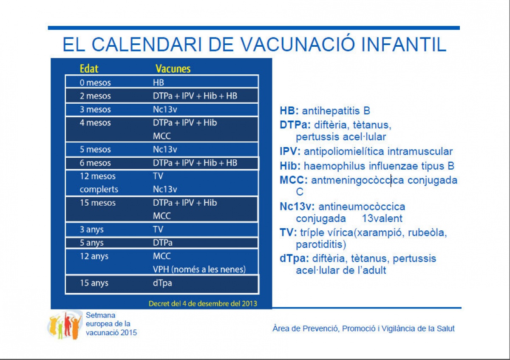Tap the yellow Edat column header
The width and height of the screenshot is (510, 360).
89,68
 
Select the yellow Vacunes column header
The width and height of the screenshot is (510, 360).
173,68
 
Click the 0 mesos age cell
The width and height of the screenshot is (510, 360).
95,82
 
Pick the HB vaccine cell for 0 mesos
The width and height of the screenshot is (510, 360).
159,82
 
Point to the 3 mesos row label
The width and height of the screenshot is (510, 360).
95,109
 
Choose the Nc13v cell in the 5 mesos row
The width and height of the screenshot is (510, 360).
165,149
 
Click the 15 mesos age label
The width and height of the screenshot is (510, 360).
98,203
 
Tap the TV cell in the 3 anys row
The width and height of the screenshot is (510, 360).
158,229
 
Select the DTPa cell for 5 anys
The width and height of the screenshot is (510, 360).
162,243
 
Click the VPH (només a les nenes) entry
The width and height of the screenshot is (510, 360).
199,269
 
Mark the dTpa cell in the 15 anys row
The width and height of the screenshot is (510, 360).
162,283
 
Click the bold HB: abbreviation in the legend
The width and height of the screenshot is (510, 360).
289,111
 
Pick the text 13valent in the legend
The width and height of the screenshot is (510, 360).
382,218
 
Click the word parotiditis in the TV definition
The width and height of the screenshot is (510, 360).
321,245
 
